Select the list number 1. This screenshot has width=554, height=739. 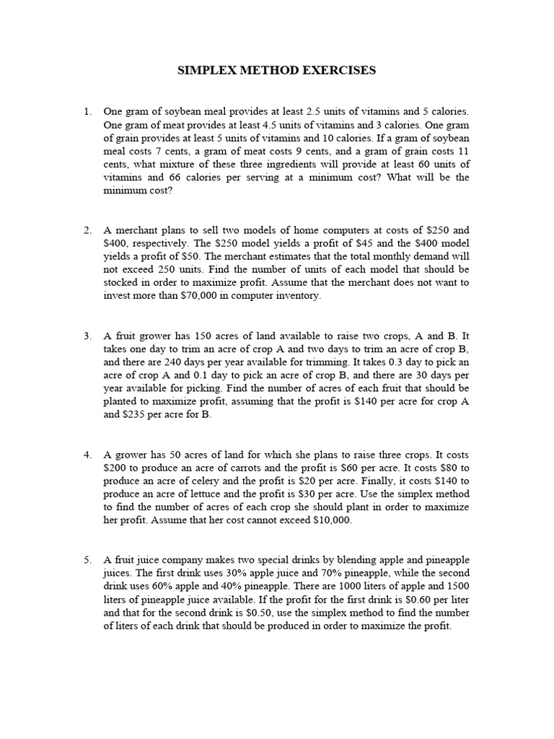click(x=87, y=112)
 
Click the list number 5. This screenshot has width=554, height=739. click(x=87, y=559)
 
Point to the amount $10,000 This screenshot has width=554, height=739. click(x=332, y=520)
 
